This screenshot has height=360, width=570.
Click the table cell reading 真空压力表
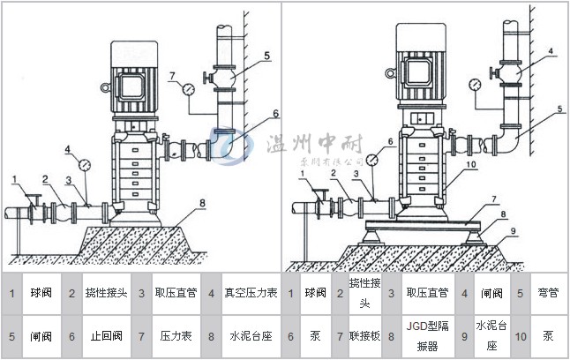coord(251,293)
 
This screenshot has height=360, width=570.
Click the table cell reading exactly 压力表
coord(171,336)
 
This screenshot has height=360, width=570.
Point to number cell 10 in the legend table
coord(521,336)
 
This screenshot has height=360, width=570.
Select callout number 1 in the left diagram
coord(15,180)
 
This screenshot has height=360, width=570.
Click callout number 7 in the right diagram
coord(494,199)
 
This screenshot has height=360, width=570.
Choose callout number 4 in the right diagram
coord(550,51)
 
